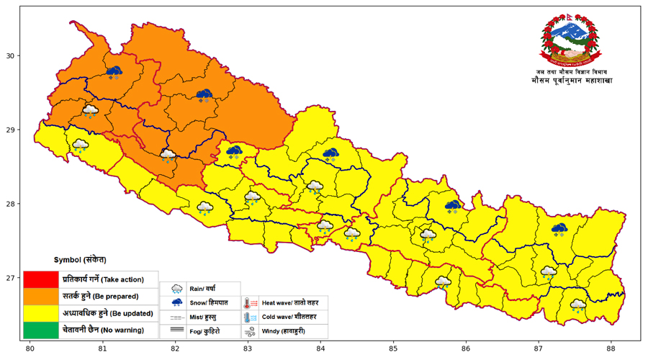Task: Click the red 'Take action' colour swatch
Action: tap(41, 279)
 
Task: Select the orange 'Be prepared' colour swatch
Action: tap(41, 296)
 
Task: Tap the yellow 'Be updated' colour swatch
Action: tap(41, 313)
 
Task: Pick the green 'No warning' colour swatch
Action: tap(41, 330)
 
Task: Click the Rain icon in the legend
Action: tap(176, 289)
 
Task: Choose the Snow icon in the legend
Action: tap(176, 303)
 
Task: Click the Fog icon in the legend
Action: tap(176, 331)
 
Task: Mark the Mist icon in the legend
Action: tap(176, 317)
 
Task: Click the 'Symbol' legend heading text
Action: tap(80, 259)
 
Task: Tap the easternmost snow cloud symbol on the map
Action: tap(559, 229)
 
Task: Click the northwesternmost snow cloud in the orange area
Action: tap(114, 71)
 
